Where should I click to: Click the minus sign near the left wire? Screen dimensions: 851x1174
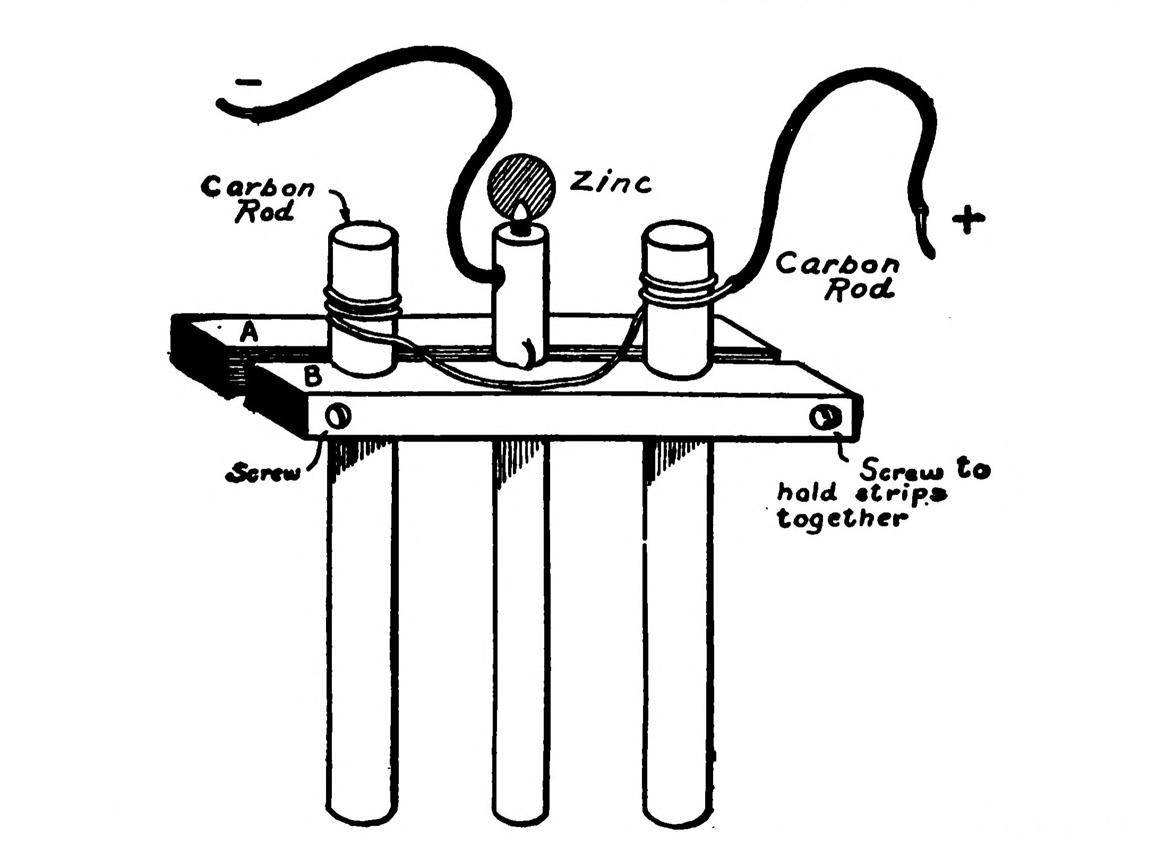coord(248,82)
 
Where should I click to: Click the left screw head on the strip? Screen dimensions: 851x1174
coord(338,417)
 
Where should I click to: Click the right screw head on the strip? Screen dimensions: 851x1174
coord(825,418)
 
